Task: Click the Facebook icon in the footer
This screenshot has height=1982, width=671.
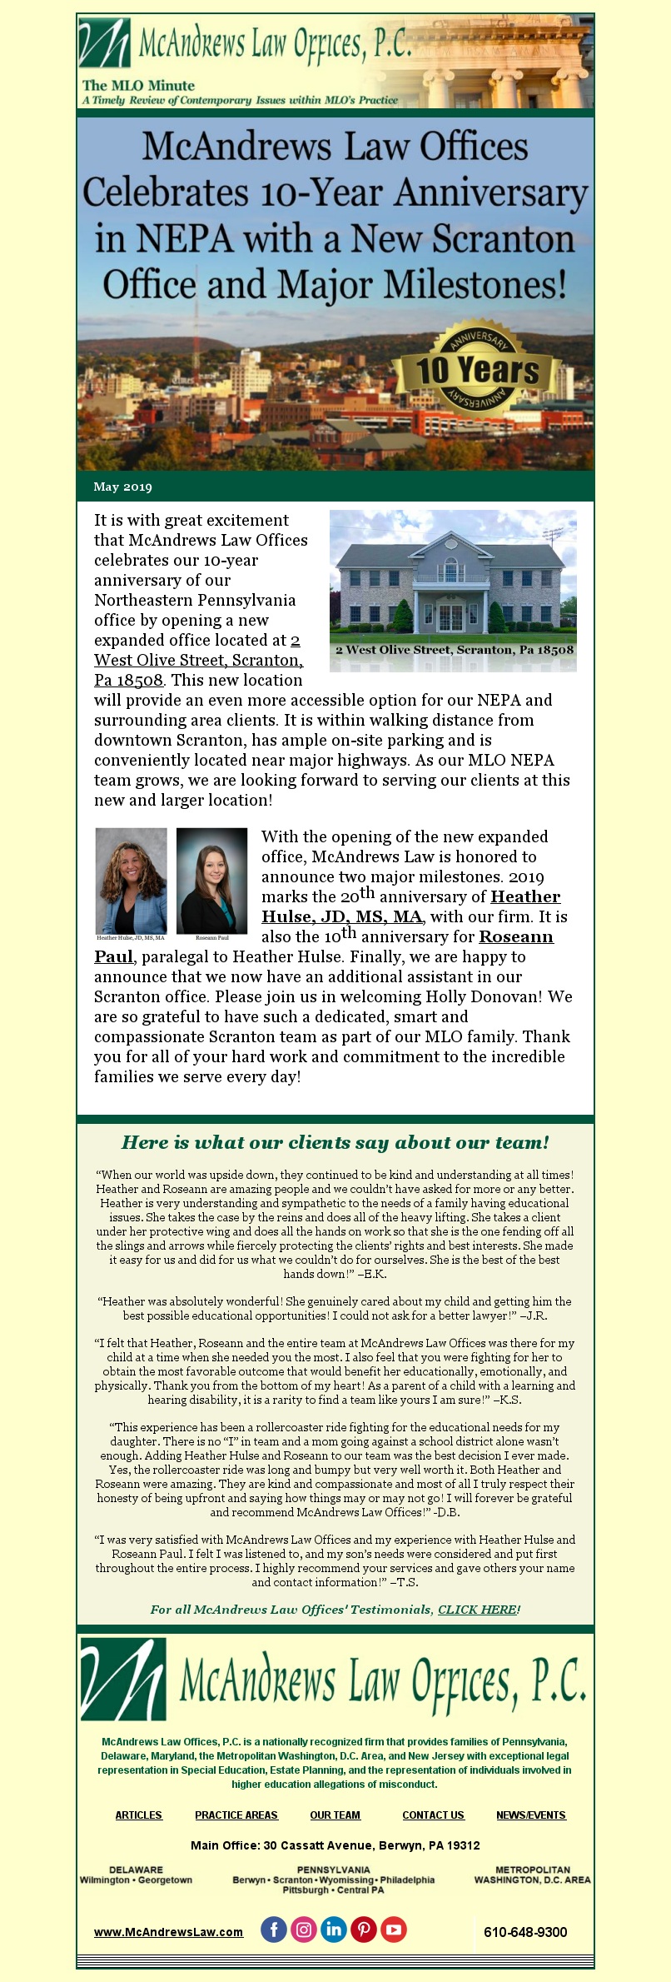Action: (274, 1929)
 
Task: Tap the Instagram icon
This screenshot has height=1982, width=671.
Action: (304, 1929)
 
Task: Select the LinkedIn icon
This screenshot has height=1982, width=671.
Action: (334, 1929)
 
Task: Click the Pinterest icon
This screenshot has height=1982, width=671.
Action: (364, 1929)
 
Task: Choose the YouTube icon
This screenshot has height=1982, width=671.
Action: (394, 1929)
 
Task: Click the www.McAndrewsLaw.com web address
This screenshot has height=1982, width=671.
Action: (168, 1931)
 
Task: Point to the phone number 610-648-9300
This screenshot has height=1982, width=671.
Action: (525, 1931)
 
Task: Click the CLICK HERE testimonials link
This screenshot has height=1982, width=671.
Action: (477, 1609)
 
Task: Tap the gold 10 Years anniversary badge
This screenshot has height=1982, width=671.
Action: (477, 369)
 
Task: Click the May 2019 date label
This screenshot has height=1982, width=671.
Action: (123, 487)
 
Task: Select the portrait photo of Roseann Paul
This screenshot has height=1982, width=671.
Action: (211, 881)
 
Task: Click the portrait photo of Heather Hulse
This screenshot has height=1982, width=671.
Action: (132, 881)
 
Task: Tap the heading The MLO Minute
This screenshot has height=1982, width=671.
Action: (138, 85)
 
